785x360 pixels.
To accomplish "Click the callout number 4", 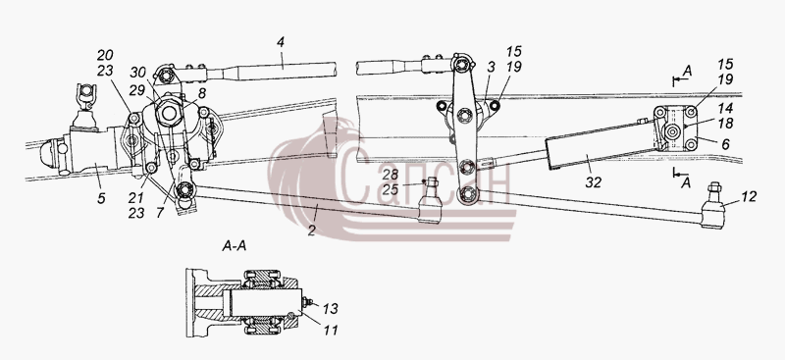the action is [281, 42].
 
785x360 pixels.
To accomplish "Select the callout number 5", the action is [102, 198].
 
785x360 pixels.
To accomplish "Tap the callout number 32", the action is [593, 182].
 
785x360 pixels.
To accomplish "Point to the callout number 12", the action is [750, 197].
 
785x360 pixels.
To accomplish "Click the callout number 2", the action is [312, 231].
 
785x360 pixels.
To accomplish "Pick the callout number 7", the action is [160, 213].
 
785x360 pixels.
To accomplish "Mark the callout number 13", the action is [331, 309].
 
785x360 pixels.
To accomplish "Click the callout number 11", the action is [331, 330].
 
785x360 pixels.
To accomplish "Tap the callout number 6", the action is [726, 144].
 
